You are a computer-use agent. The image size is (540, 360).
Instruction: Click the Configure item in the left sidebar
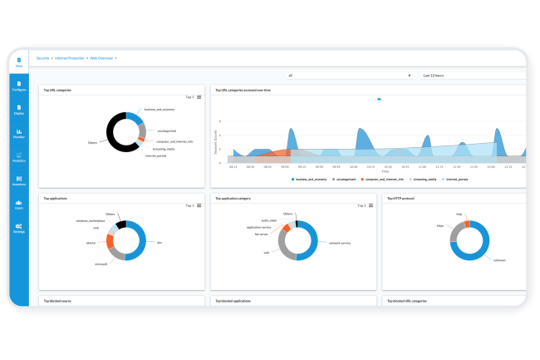(19, 85)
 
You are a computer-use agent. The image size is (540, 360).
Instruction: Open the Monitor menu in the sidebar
(19, 133)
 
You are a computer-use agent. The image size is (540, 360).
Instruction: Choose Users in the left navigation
(19, 205)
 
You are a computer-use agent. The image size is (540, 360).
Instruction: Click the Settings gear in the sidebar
(19, 229)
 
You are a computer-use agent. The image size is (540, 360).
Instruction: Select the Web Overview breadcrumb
(102, 58)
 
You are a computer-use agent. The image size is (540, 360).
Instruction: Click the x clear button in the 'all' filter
(410, 75)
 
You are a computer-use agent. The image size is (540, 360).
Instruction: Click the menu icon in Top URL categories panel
(199, 97)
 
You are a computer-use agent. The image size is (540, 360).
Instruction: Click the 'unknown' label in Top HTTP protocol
(500, 260)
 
